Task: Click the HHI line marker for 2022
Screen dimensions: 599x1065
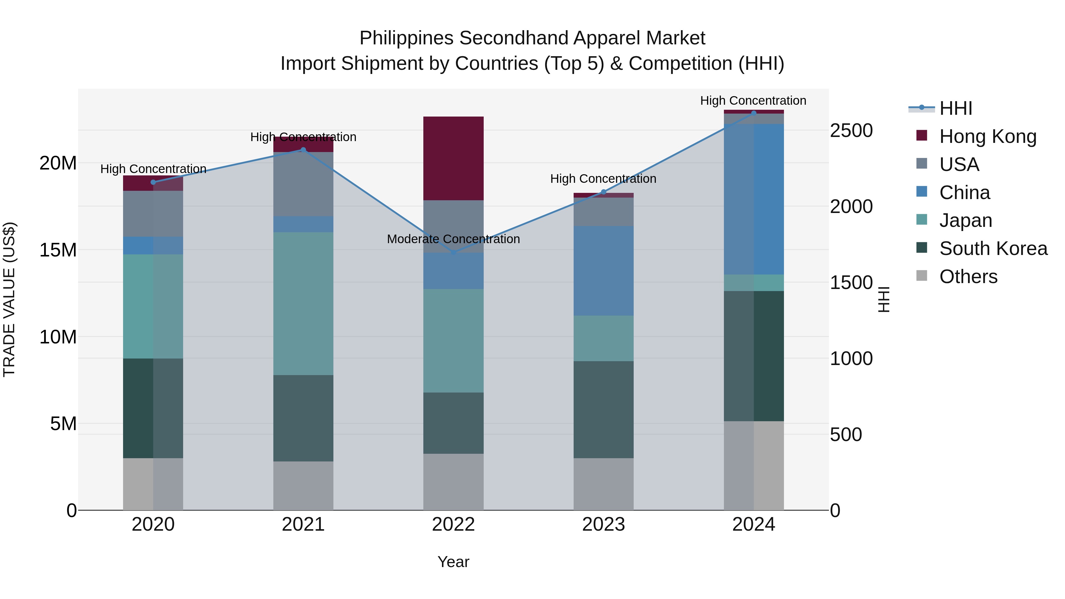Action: [454, 252]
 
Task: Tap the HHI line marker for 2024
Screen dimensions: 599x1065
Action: [754, 113]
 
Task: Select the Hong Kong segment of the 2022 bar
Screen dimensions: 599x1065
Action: [454, 158]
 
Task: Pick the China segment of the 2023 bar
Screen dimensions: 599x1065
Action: [603, 271]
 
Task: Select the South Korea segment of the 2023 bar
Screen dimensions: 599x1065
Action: [603, 409]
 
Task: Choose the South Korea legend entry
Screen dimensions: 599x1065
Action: [993, 248]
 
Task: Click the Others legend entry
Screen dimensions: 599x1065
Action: [968, 277]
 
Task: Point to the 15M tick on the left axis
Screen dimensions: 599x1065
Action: [58, 250]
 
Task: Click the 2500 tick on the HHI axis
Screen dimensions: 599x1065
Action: [851, 131]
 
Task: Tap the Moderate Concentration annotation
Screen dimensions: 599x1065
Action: [454, 239]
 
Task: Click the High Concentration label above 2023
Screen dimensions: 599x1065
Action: [603, 179]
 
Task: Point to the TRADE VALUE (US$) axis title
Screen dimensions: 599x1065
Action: [9, 299]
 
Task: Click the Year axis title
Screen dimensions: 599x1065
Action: [454, 562]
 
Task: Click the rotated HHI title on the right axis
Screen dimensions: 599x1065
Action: [883, 299]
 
